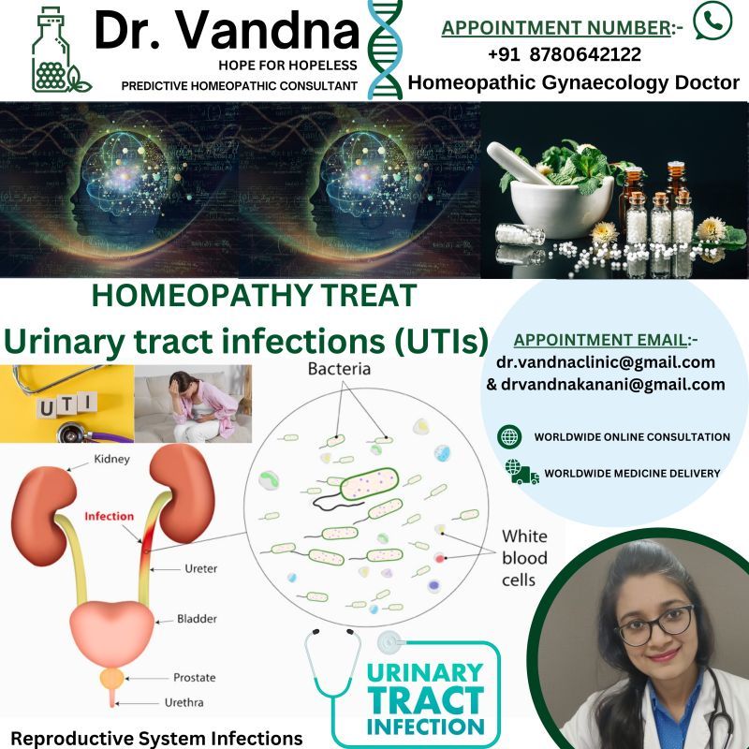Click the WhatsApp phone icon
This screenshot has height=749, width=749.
click(712, 21)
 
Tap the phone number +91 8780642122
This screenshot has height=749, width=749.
click(565, 54)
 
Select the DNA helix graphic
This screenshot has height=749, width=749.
click(385, 50)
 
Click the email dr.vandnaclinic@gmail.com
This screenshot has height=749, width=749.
click(606, 362)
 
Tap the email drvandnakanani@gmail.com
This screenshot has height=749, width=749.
click(613, 384)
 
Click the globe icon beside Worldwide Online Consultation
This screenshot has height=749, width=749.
click(509, 436)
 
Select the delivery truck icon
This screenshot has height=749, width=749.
click(522, 472)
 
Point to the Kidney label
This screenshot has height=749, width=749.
click(111, 459)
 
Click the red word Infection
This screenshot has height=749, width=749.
click(109, 516)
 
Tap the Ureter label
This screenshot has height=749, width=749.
click(200, 568)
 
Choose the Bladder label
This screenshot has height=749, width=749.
click(197, 619)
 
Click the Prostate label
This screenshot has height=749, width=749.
click(195, 677)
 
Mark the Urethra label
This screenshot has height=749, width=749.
click(184, 703)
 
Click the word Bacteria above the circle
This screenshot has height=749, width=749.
click(339, 369)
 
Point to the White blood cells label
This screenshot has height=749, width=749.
click(524, 558)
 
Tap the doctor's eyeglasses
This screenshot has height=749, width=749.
click(657, 624)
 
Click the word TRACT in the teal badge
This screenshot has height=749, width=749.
click(426, 699)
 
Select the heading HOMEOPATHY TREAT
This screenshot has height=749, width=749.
click(254, 296)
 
